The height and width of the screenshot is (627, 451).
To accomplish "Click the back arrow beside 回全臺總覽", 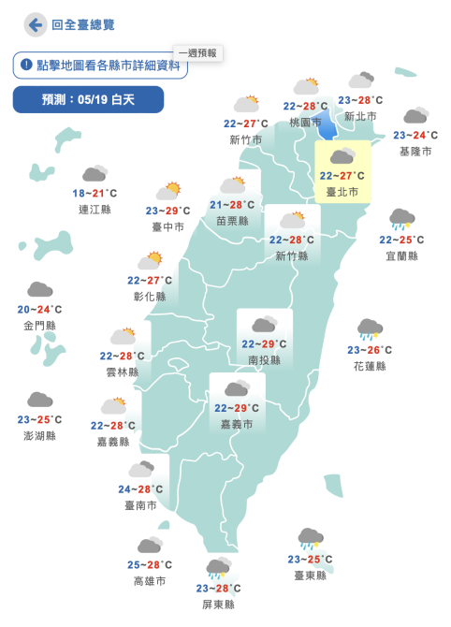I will point(36,24).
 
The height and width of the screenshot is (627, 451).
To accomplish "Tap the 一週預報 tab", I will point(197,53).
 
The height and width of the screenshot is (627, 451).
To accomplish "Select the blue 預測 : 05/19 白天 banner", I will point(89,99).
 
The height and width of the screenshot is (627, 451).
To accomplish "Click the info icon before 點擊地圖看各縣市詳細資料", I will point(26,66).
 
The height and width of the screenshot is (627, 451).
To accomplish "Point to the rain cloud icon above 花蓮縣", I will point(370,329).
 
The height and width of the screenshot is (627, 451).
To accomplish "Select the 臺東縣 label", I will point(310,576).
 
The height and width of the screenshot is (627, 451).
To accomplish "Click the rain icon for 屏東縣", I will point(218,567).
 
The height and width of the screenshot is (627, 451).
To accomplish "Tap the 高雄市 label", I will point(150,581).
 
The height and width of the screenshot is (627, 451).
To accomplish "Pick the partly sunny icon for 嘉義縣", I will point(114,406).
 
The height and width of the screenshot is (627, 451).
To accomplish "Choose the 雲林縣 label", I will point(123,372).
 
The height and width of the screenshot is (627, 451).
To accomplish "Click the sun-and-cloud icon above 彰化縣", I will point(150,260).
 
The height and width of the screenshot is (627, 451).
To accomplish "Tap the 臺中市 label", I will point(168,227).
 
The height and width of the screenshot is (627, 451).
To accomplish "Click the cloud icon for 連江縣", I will point(94,174).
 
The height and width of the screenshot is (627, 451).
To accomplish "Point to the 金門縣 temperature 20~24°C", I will point(39,310).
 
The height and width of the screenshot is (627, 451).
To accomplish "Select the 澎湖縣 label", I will point(39,436).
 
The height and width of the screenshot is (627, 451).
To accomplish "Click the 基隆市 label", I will point(415,151).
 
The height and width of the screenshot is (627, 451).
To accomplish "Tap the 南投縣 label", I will point(264,359).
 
